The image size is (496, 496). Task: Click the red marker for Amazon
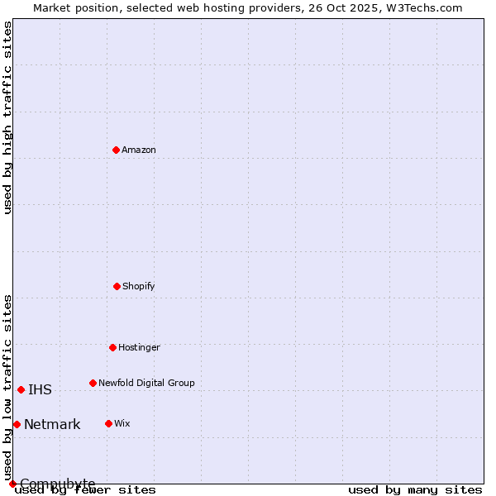[x=116, y=150]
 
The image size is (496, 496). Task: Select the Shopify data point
[x=117, y=286]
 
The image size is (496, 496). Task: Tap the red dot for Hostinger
[x=112, y=347]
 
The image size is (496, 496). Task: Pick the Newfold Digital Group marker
[x=93, y=383]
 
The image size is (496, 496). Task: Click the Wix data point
[x=108, y=423]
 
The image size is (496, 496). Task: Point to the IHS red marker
[x=21, y=389]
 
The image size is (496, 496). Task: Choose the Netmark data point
[x=17, y=424]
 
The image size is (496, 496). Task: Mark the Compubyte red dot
[x=12, y=484]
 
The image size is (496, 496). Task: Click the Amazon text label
[x=139, y=150]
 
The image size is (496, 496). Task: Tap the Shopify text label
[x=139, y=286]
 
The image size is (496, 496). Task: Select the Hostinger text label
[x=139, y=347]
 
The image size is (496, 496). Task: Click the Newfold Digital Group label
[x=146, y=383]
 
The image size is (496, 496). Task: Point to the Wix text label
[x=122, y=423]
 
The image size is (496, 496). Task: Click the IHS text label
[x=40, y=389]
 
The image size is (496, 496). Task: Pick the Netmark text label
[x=52, y=425]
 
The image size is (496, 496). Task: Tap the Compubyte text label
[x=58, y=484]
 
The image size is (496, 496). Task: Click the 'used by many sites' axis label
[x=415, y=489]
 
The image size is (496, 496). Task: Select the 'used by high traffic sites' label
[x=8, y=117]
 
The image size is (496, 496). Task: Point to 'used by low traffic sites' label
[x=8, y=387]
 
